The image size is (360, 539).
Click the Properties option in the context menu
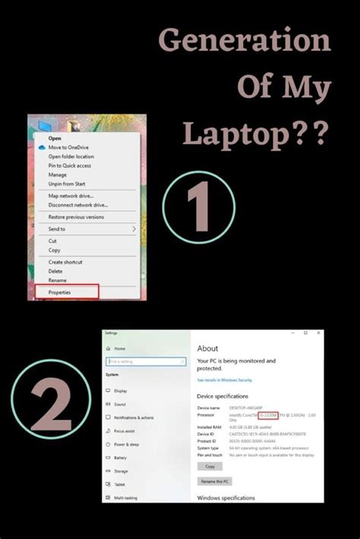point(59,292)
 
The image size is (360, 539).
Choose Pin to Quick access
point(70,165)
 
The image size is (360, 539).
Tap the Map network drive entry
point(71,195)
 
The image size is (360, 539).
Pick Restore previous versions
point(76,216)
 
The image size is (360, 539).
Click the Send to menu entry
point(57,229)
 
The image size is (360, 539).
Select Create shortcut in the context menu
point(66,262)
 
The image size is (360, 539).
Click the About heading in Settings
point(208,348)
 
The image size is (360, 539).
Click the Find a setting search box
point(146,361)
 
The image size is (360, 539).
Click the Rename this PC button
point(215,481)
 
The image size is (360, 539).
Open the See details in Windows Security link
point(224,380)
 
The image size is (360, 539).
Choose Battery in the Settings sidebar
point(121,458)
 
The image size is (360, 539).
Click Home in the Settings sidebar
point(120,348)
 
